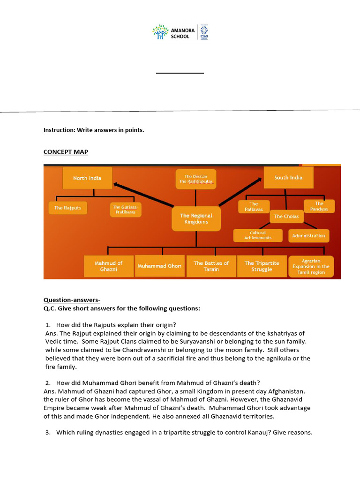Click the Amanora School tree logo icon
(160, 32)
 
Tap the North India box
(87, 178)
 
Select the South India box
(288, 178)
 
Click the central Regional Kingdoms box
(196, 219)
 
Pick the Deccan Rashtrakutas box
(196, 179)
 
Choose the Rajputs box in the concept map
(68, 208)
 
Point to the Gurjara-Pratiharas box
(126, 210)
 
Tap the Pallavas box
(254, 207)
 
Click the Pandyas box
(319, 206)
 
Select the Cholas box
(286, 217)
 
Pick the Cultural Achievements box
(258, 235)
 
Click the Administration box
(308, 236)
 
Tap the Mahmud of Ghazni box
(108, 266)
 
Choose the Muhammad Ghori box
(159, 266)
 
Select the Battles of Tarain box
(211, 266)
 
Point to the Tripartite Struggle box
(262, 266)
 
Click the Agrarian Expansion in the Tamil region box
(311, 266)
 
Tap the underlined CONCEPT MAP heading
(66, 152)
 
